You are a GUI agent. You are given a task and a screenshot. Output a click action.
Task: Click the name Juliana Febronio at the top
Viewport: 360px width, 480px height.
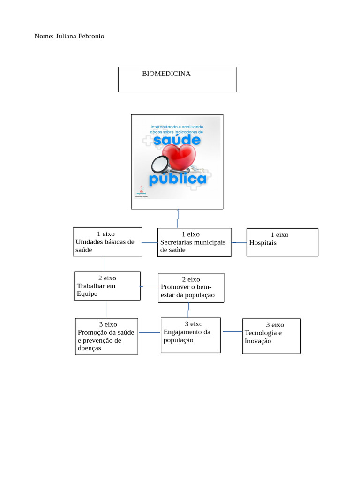[80, 36]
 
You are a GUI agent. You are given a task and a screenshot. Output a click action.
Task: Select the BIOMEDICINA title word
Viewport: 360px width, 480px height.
[166, 74]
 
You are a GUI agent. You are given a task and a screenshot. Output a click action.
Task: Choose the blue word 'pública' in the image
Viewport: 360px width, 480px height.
[178, 179]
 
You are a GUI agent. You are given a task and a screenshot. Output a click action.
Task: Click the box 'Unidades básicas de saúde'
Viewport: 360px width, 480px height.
[107, 242]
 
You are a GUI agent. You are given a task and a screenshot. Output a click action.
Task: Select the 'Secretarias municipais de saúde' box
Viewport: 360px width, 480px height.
[194, 242]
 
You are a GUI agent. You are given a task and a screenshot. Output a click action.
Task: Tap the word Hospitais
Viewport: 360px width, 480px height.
[263, 243]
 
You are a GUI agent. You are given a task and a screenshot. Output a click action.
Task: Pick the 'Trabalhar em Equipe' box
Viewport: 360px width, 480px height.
[107, 286]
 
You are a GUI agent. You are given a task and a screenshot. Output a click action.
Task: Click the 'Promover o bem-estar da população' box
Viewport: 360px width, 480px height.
[191, 287]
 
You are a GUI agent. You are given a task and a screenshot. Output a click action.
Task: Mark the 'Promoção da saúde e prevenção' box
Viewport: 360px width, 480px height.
[107, 337]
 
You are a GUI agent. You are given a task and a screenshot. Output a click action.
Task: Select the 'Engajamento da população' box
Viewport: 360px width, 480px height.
[190, 335]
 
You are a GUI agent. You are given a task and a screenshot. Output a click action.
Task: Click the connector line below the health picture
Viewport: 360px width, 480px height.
[178, 218]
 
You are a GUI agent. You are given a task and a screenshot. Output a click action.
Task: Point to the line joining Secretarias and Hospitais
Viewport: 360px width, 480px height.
[239, 242]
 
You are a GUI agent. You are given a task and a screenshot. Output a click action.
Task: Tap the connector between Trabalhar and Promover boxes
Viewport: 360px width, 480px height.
[150, 286]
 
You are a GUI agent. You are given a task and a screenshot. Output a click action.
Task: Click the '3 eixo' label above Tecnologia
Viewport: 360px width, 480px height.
[275, 324]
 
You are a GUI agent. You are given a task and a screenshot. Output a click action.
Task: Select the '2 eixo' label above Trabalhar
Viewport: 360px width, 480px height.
[107, 278]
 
